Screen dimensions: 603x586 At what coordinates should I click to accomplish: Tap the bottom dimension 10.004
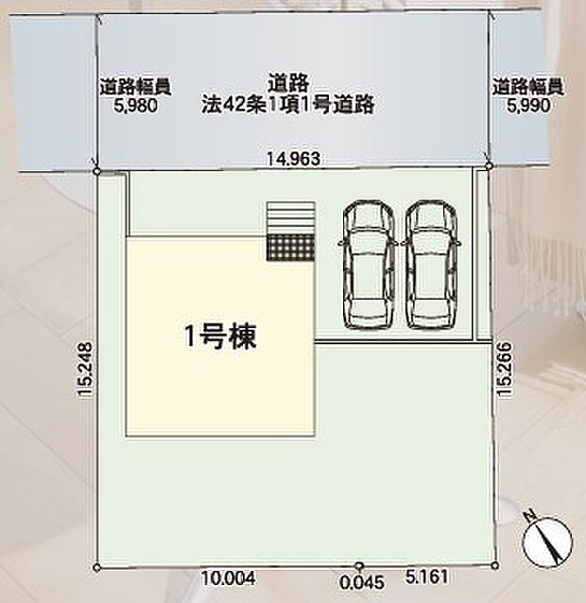pos(227,577)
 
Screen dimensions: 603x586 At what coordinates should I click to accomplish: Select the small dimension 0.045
pos(358,583)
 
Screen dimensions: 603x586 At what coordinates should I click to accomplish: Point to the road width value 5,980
pos(135,107)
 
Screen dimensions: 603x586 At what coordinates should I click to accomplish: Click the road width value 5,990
pos(526,107)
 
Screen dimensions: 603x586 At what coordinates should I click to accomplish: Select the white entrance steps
pos(289,217)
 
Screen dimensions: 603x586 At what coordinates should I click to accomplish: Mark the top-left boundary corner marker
pos(98,171)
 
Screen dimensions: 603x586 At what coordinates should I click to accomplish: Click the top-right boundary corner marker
pos(489,165)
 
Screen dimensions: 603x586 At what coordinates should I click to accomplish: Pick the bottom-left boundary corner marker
pos(98,567)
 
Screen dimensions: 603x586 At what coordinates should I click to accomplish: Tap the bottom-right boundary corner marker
pos(493,565)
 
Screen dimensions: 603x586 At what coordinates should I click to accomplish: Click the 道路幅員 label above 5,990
pos(526,87)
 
